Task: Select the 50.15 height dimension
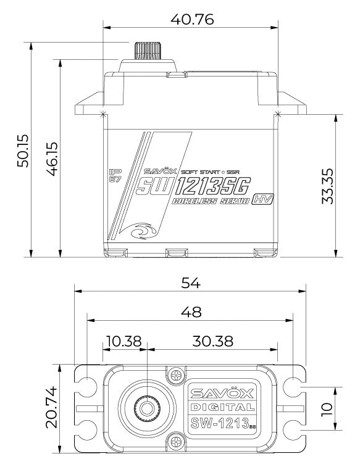tap(23, 149)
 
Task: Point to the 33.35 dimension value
tap(329, 184)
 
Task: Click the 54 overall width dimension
tap(190, 282)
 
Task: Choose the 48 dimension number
tap(190, 312)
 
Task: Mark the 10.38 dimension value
tap(123, 341)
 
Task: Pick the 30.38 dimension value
tap(212, 341)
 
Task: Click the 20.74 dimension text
tap(52, 408)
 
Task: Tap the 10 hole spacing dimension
tap(327, 408)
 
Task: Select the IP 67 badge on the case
tap(114, 175)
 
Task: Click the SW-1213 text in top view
tap(219, 423)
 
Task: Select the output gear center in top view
tap(146, 408)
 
